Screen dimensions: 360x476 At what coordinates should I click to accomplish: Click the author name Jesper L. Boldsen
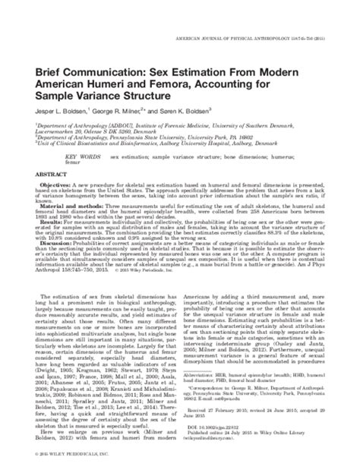point(62,90)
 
